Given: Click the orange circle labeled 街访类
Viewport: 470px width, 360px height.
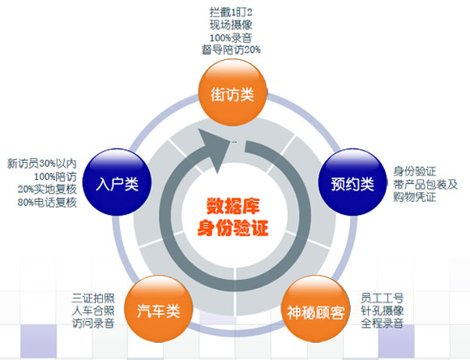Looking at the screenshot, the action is (x=233, y=92).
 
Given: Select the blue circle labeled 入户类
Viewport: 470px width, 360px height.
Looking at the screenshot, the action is (x=117, y=182).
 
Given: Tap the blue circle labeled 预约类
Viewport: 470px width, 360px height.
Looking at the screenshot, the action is (x=352, y=182).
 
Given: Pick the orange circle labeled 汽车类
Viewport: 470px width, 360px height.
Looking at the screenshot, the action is (x=158, y=309).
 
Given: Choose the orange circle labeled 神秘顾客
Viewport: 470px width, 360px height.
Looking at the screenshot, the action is (x=316, y=309).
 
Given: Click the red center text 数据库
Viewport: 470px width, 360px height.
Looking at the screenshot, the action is (x=233, y=206).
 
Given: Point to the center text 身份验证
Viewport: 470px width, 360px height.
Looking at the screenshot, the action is (x=233, y=228).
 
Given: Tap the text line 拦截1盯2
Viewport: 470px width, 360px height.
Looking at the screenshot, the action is (x=231, y=13).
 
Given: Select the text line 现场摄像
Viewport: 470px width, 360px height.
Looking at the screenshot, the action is (x=231, y=25).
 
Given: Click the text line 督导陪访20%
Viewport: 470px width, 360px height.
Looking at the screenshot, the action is (x=231, y=49).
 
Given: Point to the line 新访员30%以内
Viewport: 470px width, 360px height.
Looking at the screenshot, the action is (x=41, y=164).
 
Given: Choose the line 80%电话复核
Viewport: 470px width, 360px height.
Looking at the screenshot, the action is (x=47, y=203).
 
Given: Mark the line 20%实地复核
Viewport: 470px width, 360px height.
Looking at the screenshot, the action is (x=47, y=190).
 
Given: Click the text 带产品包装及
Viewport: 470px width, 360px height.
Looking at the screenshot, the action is (x=425, y=185).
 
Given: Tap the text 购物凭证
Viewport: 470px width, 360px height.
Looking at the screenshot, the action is (x=415, y=197).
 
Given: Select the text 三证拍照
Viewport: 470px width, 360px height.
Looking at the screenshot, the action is (x=93, y=298).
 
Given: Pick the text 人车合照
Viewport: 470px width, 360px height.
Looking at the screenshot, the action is (x=93, y=311).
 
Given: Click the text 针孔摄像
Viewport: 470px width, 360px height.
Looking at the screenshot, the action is (x=382, y=311).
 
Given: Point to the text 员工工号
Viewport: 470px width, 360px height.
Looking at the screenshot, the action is (x=382, y=298).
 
